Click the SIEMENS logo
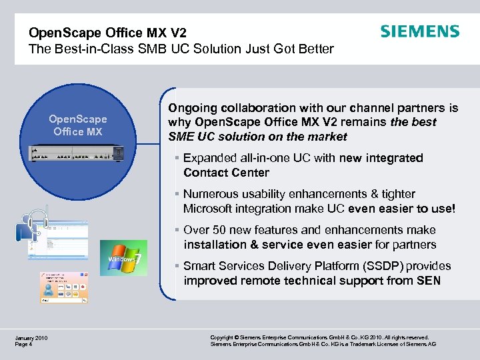click(x=419, y=31)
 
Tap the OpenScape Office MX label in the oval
click(x=78, y=125)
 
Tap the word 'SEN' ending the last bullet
click(x=428, y=281)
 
